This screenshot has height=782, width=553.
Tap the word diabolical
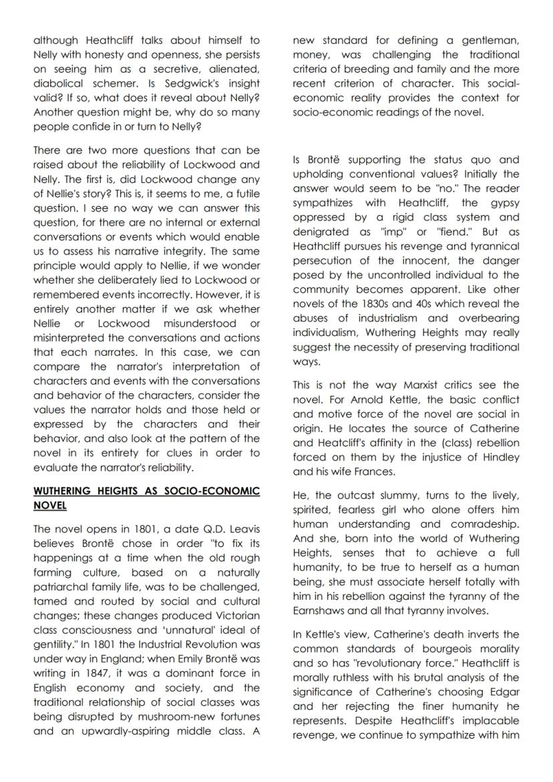(61, 83)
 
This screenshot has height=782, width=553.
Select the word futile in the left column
(244, 194)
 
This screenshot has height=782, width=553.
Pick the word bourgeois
(433, 649)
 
